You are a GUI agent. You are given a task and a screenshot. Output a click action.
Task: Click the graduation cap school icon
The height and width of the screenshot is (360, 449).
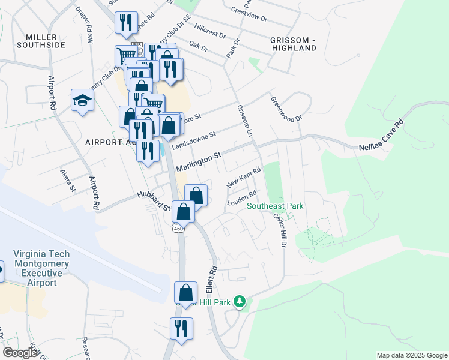[82, 100]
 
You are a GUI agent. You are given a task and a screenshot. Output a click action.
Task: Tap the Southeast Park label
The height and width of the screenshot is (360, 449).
[275, 206]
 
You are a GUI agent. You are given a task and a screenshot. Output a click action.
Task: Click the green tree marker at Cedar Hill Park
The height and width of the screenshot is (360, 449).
[240, 301]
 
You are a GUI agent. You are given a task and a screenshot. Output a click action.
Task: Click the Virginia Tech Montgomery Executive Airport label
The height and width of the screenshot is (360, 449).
[41, 268]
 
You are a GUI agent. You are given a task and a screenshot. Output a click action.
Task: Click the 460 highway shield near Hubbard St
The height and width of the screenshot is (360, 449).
[178, 228]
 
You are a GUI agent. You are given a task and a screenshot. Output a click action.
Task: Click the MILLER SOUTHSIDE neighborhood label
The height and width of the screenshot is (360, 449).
[41, 41]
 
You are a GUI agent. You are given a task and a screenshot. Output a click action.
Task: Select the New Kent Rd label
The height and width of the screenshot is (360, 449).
[244, 178]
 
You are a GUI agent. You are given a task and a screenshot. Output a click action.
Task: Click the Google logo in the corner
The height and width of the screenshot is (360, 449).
[20, 353]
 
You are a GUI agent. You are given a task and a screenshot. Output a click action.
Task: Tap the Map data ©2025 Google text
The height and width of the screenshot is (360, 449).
[411, 355]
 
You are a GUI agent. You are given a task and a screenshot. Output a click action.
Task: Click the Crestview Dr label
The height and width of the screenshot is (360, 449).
[249, 14]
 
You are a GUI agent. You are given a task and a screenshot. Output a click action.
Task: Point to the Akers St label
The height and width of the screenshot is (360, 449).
[67, 180]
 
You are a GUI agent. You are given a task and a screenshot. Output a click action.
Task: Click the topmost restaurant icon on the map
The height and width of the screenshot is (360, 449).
[126, 23]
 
